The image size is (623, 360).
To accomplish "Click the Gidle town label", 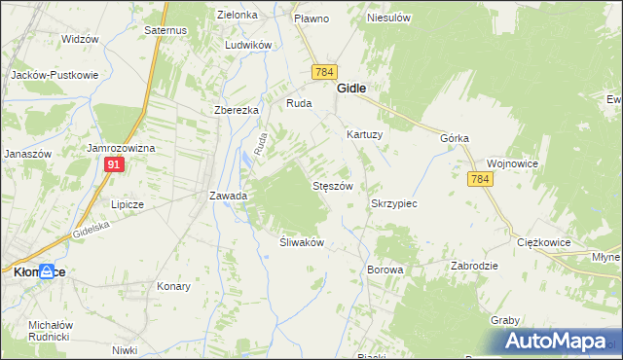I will [x=351, y=88].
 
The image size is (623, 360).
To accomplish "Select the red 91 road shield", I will [x=114, y=165].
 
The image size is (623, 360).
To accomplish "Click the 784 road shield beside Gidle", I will [x=324, y=73].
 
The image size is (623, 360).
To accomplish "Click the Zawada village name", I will [x=229, y=196].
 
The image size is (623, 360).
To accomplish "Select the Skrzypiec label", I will [x=394, y=204].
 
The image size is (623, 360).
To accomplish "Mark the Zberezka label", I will [x=236, y=110].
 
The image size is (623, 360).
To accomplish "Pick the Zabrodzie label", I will [x=475, y=266].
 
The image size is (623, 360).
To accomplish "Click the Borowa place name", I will [x=385, y=269].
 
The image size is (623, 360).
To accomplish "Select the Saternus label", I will [x=165, y=31].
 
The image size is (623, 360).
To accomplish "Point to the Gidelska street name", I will [x=93, y=230].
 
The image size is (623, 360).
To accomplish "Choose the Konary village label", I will [x=173, y=286].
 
